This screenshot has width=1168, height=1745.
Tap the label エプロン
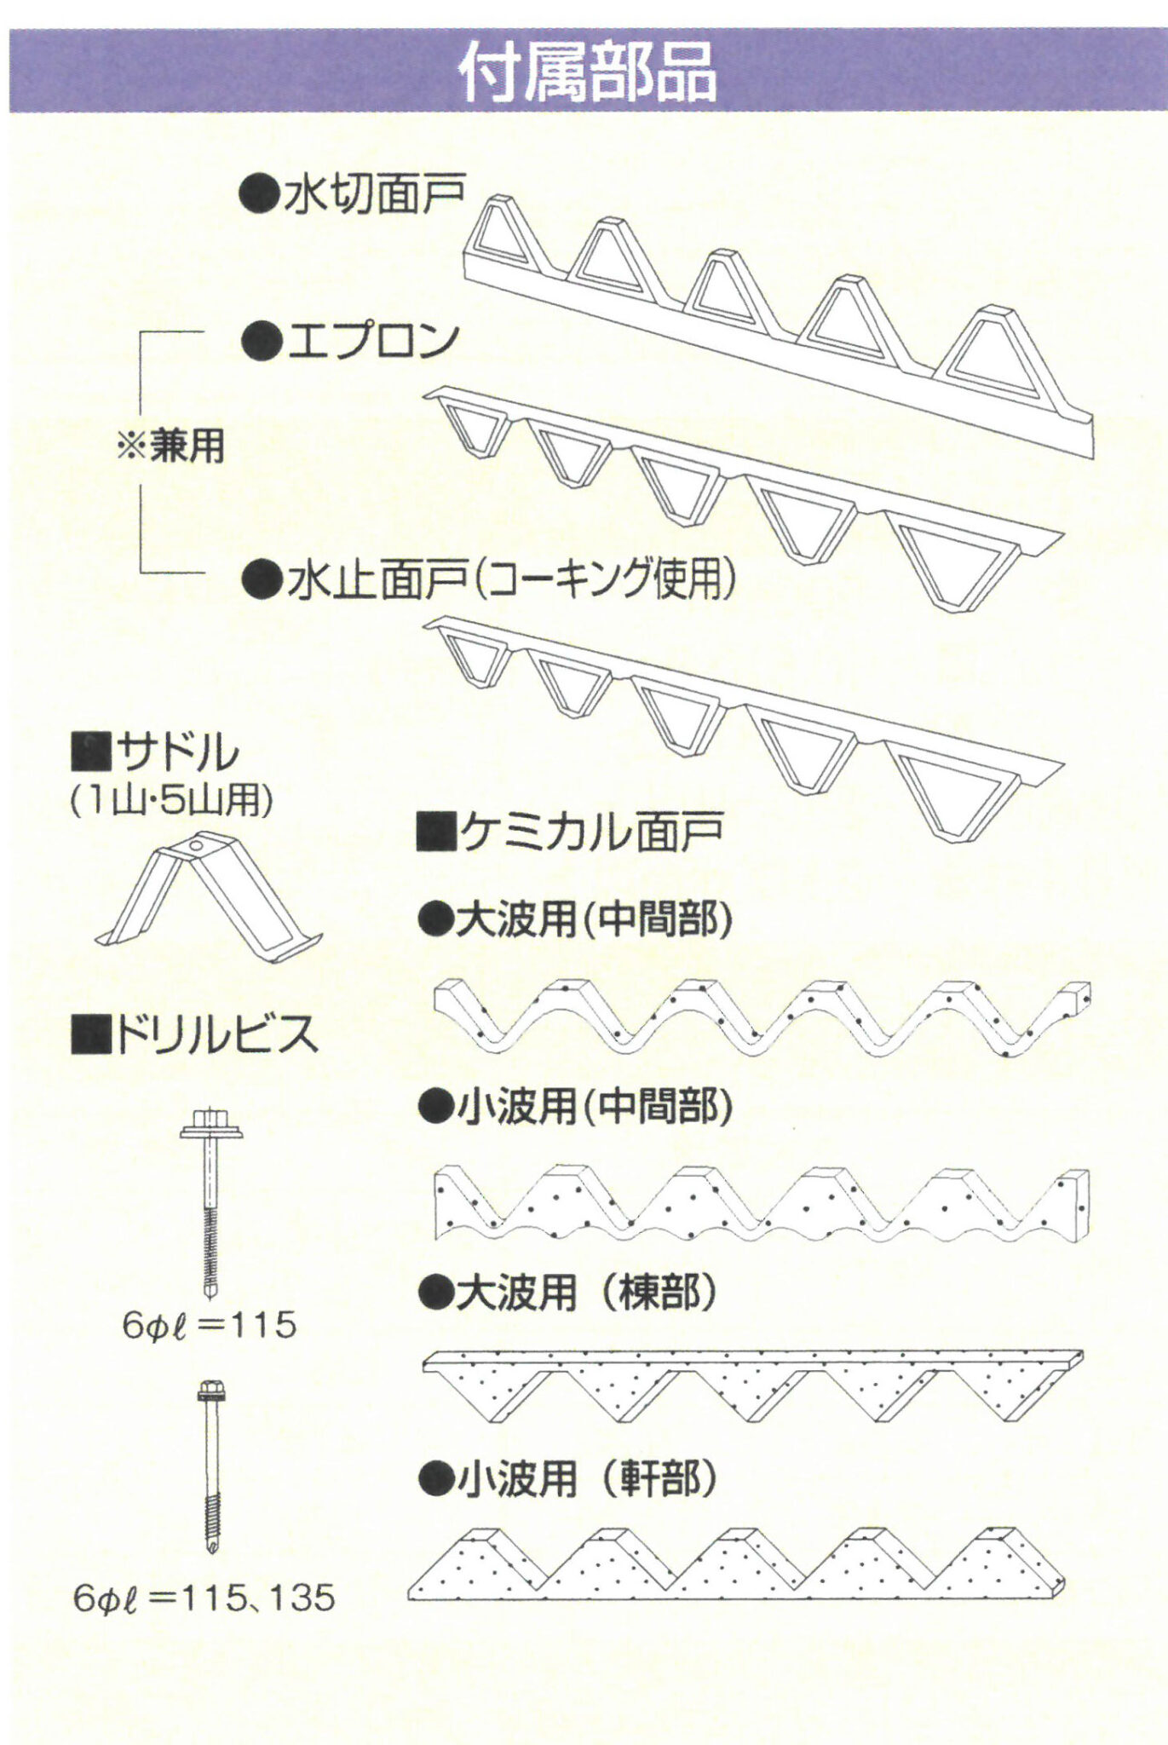(x=372, y=341)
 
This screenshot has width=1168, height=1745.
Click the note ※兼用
(x=170, y=446)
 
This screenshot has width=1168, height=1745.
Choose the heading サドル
(x=177, y=750)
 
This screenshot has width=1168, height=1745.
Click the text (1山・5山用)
(x=171, y=800)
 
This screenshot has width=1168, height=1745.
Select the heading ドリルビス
(x=216, y=1035)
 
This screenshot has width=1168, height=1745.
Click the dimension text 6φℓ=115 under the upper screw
(x=209, y=1325)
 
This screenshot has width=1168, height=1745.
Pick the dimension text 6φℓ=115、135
(x=204, y=1598)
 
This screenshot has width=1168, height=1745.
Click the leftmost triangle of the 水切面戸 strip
(x=503, y=234)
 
